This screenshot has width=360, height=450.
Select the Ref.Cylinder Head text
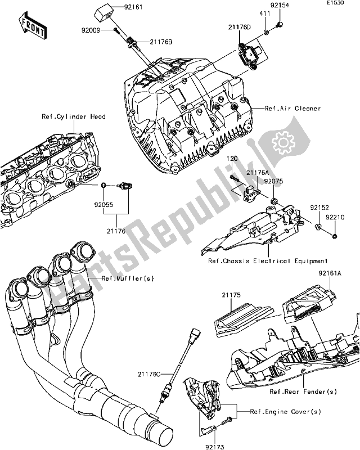(74, 117)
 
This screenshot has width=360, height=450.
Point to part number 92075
(274, 182)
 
